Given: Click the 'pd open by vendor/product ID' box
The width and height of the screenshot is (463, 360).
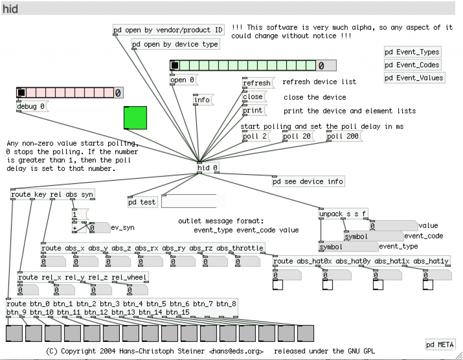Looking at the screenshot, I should click(168, 30).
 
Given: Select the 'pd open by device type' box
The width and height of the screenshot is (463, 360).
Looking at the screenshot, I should click(175, 44).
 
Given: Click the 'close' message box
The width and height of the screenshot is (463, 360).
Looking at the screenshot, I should click(253, 97).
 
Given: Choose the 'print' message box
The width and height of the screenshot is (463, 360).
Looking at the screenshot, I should click(253, 110).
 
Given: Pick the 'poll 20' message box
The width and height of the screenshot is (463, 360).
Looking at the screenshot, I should click(298, 136).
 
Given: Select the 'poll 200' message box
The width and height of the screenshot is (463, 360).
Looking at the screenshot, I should click(343, 136).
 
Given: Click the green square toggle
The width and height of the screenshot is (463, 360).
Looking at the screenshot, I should click(135, 118).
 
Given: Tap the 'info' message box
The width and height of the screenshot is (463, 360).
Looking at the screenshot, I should click(202, 100).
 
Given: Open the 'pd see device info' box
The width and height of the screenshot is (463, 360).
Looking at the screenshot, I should click(308, 182).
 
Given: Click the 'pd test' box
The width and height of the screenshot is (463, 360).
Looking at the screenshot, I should click(142, 202).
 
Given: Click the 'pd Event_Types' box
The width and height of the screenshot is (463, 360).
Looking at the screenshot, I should click(412, 52).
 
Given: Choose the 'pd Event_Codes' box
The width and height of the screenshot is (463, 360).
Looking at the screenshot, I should click(412, 65).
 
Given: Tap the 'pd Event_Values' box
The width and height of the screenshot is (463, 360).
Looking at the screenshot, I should click(414, 78).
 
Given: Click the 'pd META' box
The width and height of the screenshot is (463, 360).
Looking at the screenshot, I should click(440, 345).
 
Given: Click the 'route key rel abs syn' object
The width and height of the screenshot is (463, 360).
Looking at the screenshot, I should click(52, 194).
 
